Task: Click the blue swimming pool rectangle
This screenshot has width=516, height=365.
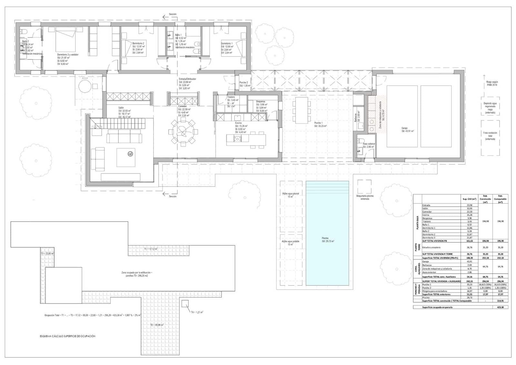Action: click(x=327, y=233)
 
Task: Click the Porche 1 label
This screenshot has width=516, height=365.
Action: click(x=319, y=123)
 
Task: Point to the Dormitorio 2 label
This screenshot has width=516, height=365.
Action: click(x=138, y=43)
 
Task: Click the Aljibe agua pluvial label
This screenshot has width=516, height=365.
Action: click(x=291, y=193)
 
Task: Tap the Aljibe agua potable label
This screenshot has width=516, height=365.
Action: click(x=291, y=241)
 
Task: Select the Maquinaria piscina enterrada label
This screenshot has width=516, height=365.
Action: click(x=365, y=197)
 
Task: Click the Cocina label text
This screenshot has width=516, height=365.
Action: click(x=238, y=123)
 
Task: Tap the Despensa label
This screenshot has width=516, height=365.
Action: click(x=261, y=101)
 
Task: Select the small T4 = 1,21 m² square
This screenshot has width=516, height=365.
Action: click(x=185, y=304)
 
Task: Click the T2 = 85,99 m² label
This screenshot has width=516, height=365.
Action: click(x=157, y=325)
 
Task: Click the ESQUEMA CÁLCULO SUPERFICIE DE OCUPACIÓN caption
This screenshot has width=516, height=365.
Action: click(x=67, y=336)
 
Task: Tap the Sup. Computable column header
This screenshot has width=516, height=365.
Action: click(x=500, y=199)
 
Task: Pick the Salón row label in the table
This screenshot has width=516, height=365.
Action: click(x=426, y=208)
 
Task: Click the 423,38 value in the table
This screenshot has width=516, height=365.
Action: click(x=500, y=307)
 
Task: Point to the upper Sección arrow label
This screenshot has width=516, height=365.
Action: click(x=173, y=14)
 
